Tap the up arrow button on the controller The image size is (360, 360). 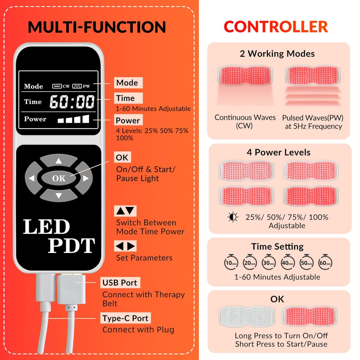[59, 160]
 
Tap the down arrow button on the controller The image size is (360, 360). [59, 196]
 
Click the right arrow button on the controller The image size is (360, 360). [85, 178]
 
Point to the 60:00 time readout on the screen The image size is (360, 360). [72, 102]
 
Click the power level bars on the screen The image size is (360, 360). [73, 119]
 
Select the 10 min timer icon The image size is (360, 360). [231, 262]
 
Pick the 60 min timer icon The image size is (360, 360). [325, 262]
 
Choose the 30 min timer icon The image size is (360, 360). [269, 262]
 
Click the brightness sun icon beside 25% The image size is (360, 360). [233, 217]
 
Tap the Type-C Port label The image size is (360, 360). [126, 318]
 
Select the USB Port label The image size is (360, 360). [120, 283]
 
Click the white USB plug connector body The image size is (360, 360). [71, 289]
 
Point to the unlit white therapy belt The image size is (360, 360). [247, 316]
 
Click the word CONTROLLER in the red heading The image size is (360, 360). [276, 27]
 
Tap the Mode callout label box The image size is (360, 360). [128, 83]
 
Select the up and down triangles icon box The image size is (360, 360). [126, 211]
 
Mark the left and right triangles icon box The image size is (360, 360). [126, 246]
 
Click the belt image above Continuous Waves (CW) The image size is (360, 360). [245, 76]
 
